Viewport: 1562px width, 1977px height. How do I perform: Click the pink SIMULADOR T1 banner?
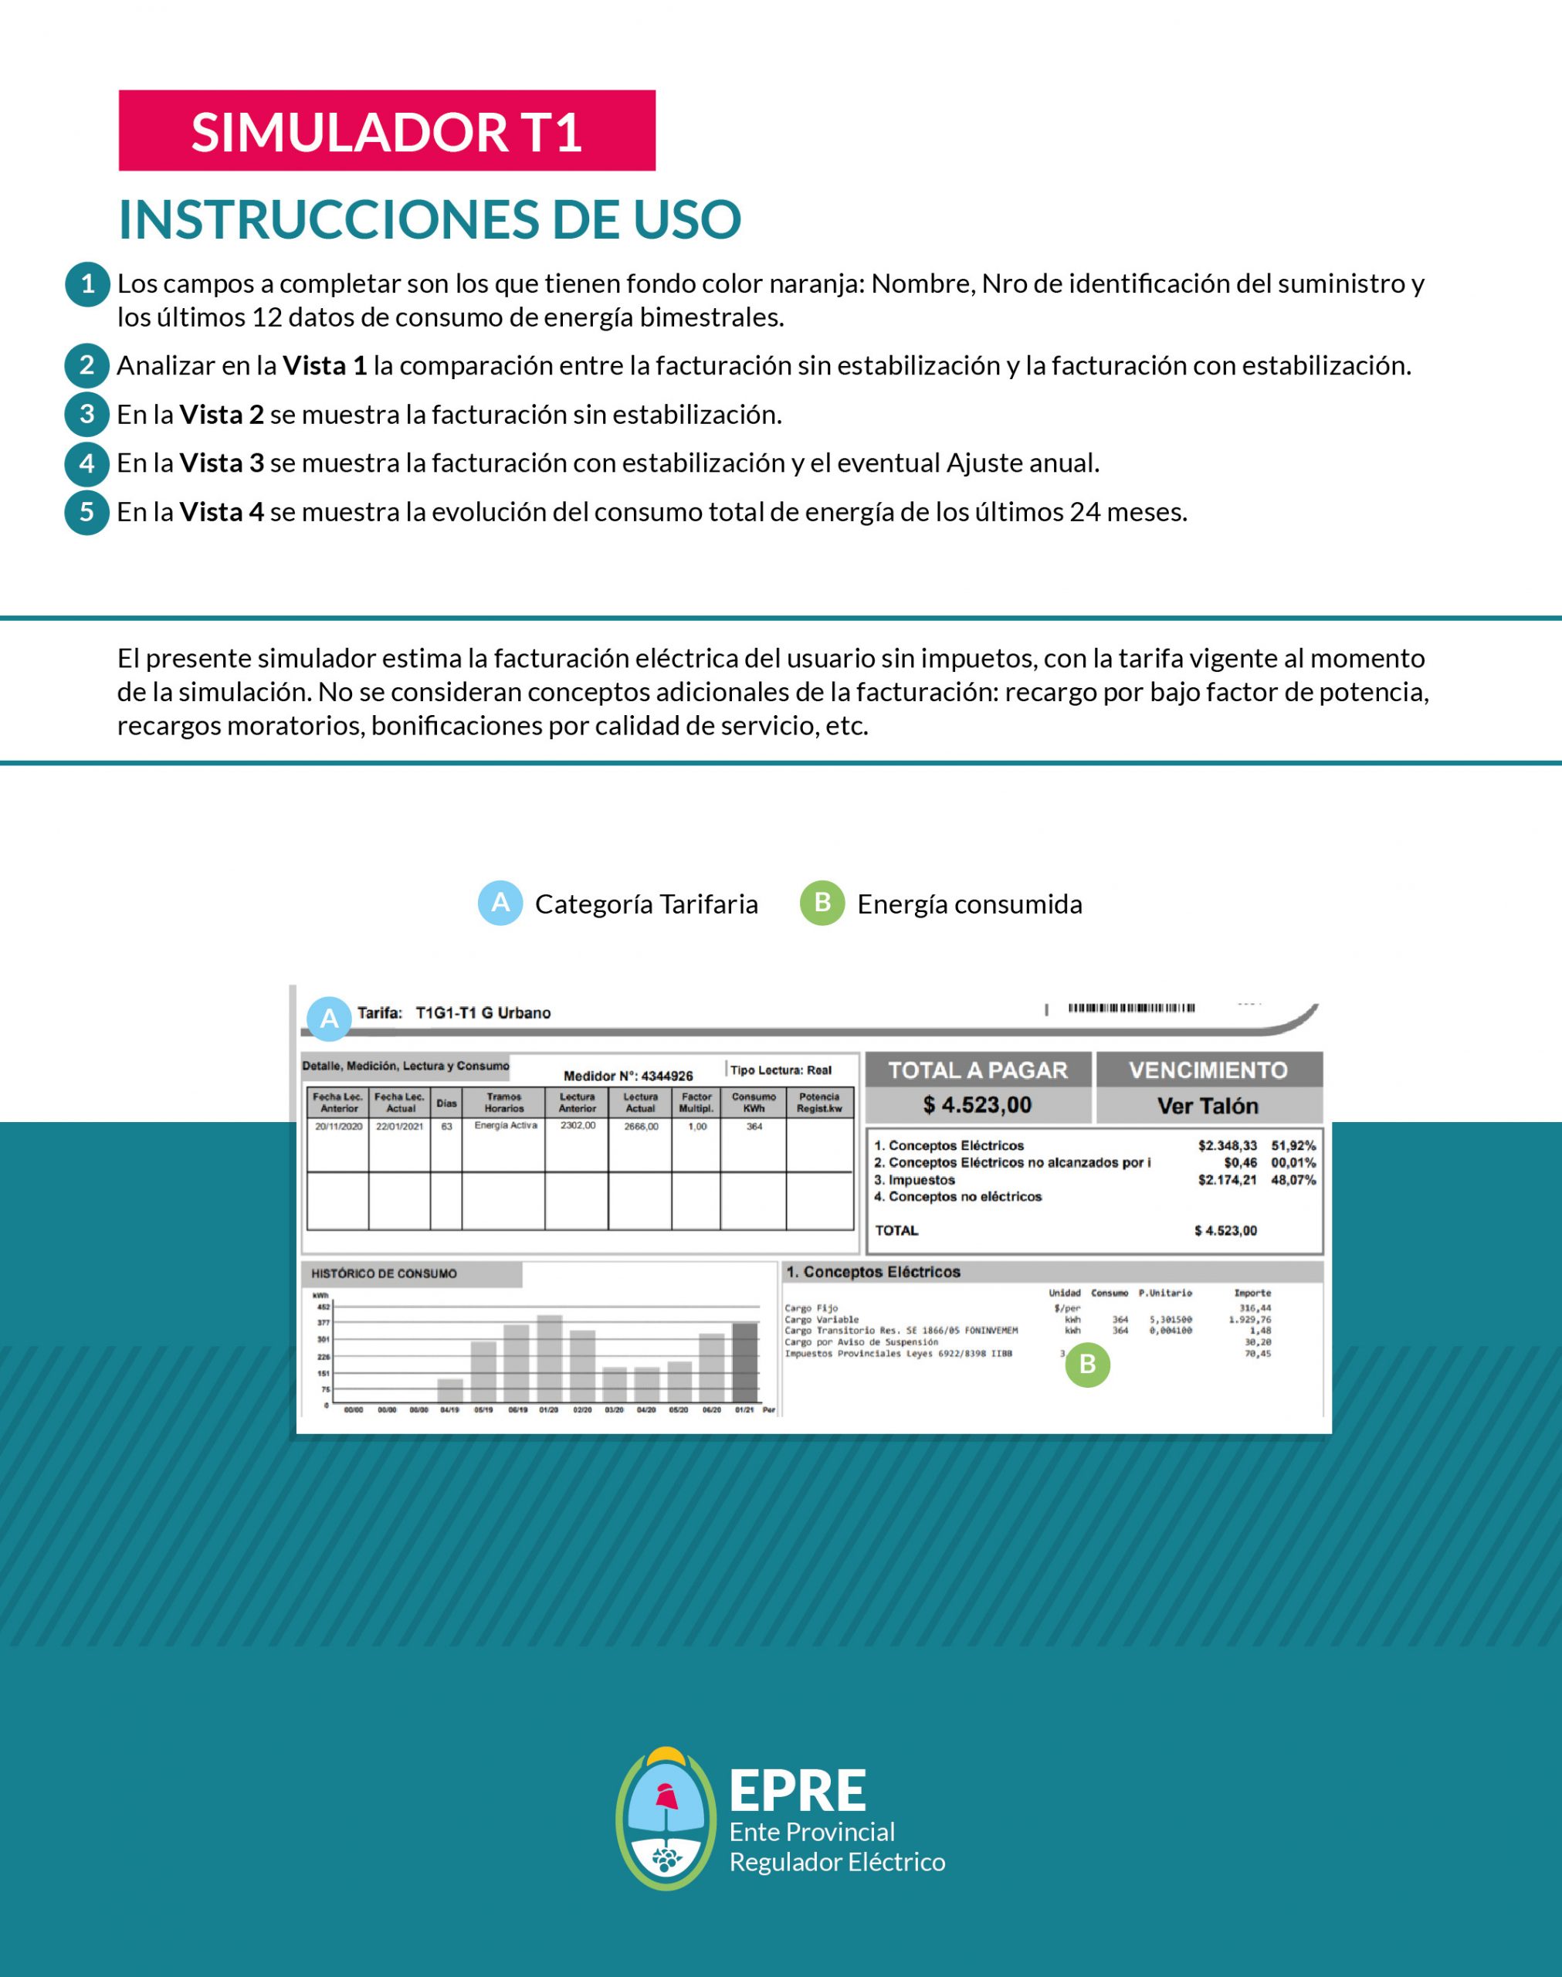click(387, 131)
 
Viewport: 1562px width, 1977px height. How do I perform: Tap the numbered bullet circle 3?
click(87, 414)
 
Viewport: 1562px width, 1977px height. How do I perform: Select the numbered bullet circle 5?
click(87, 512)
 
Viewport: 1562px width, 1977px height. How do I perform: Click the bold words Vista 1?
click(324, 366)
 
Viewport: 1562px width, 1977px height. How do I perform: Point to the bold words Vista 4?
click(222, 512)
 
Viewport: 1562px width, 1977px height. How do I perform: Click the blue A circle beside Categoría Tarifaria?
click(500, 904)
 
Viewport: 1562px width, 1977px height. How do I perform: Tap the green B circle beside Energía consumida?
click(822, 904)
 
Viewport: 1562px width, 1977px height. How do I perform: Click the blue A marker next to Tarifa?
click(329, 1019)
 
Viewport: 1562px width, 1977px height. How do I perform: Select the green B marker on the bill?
click(1087, 1365)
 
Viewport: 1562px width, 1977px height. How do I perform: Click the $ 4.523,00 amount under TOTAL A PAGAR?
click(978, 1106)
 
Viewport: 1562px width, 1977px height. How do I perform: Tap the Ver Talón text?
click(1208, 1107)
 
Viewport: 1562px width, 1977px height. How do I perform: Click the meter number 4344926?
click(666, 1077)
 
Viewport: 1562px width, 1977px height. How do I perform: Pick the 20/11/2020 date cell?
click(338, 1127)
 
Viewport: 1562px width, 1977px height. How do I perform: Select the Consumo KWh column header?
click(754, 1102)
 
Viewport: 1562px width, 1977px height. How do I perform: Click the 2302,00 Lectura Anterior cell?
click(577, 1126)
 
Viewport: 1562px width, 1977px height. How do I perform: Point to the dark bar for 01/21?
click(744, 1362)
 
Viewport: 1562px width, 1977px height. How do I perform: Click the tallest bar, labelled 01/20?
click(550, 1359)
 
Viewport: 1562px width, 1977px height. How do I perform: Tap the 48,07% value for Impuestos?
click(1293, 1181)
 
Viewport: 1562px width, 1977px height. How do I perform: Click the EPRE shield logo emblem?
click(665, 1819)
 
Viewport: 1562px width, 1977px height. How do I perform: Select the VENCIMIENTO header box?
click(1208, 1070)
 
